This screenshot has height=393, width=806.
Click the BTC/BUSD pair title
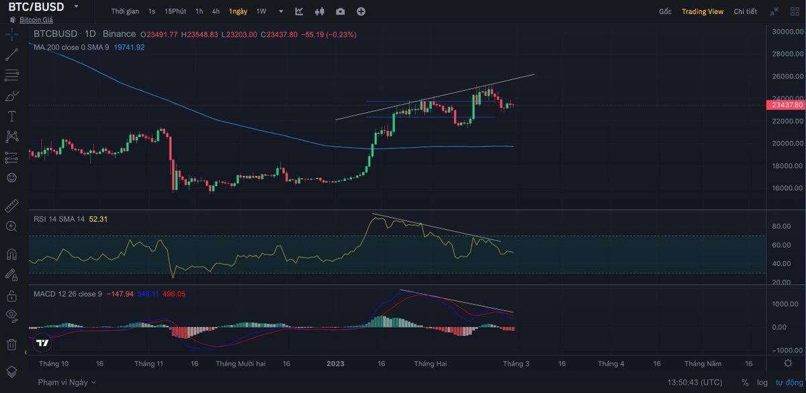click(x=36, y=7)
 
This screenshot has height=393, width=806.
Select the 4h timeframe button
click(x=216, y=11)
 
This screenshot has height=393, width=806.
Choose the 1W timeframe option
click(x=261, y=11)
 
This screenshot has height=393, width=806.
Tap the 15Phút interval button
click(x=175, y=11)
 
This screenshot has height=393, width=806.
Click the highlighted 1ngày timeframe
click(x=237, y=11)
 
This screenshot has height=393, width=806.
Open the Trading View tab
click(x=703, y=11)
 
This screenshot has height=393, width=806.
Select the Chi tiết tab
click(x=745, y=11)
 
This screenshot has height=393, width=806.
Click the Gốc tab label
click(x=665, y=11)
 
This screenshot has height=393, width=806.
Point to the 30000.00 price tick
click(x=786, y=32)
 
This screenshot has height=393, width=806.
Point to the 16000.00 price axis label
click(x=786, y=188)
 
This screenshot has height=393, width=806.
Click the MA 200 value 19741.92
click(x=130, y=47)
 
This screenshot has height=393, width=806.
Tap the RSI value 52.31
click(x=98, y=219)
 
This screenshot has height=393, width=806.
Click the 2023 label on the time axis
click(x=335, y=363)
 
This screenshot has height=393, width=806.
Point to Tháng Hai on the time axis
click(x=431, y=363)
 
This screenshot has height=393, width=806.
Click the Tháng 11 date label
click(x=149, y=363)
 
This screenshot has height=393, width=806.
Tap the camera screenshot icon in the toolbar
click(x=341, y=11)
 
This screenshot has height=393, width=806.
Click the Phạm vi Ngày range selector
click(x=66, y=382)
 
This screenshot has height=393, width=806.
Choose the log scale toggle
click(x=762, y=382)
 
